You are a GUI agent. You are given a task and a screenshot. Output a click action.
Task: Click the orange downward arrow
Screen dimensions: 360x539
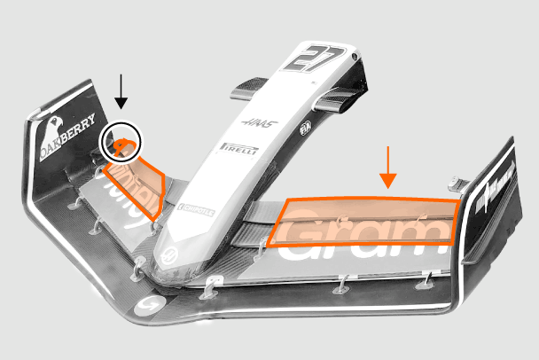pos(387,168)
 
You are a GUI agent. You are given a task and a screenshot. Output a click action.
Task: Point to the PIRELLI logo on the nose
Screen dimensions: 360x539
pos(238,149)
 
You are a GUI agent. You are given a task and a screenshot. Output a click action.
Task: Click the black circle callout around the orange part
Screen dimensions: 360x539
pos(121,143)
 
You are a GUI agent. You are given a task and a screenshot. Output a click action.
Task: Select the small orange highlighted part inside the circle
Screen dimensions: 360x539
pos(123,144)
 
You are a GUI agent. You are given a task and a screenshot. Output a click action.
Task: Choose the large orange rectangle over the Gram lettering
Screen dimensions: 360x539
pos(365,223)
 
